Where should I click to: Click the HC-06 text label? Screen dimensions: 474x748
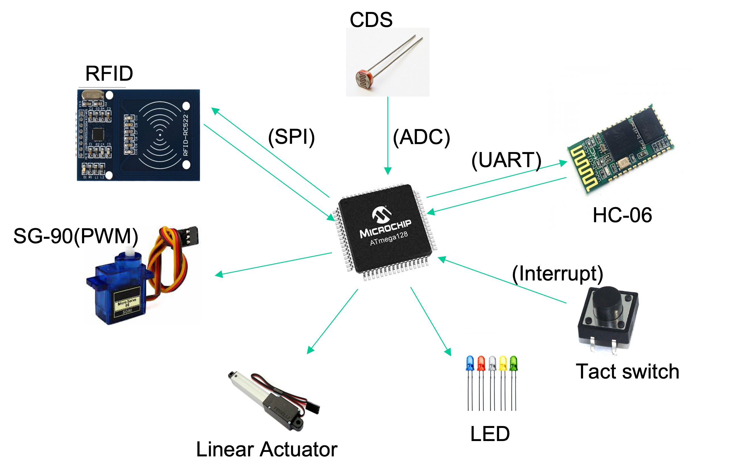tap(622, 215)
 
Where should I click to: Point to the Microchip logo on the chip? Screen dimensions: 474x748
tap(381, 214)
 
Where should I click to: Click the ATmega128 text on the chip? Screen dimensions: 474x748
tap(389, 238)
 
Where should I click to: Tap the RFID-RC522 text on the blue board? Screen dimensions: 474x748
tap(186, 135)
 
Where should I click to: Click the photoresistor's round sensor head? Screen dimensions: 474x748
tap(363, 79)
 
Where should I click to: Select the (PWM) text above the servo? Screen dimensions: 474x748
tap(106, 236)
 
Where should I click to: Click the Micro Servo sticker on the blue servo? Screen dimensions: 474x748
tap(127, 303)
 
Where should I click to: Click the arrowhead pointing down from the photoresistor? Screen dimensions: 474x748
tap(388, 171)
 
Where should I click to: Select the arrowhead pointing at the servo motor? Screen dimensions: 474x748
tap(219, 274)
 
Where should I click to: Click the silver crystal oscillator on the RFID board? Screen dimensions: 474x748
tap(92, 95)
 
